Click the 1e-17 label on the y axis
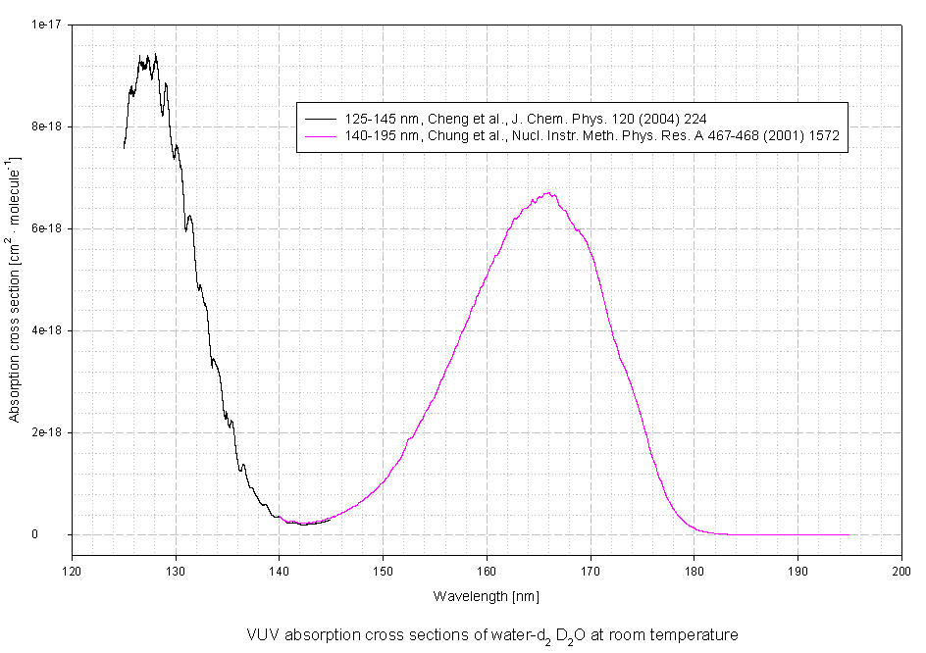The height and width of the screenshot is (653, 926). click(x=47, y=25)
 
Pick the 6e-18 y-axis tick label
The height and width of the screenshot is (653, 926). click(x=47, y=228)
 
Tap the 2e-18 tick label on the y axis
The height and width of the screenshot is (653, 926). click(x=47, y=432)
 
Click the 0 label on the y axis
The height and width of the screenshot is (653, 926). click(x=61, y=534)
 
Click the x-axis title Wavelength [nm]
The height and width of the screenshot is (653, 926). click(x=486, y=596)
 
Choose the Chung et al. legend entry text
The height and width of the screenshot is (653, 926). click(x=588, y=136)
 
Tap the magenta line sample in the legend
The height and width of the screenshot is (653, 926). click(x=320, y=136)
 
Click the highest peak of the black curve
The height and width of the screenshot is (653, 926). click(x=155, y=54)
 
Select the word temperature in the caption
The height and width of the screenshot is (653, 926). click(x=699, y=635)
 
